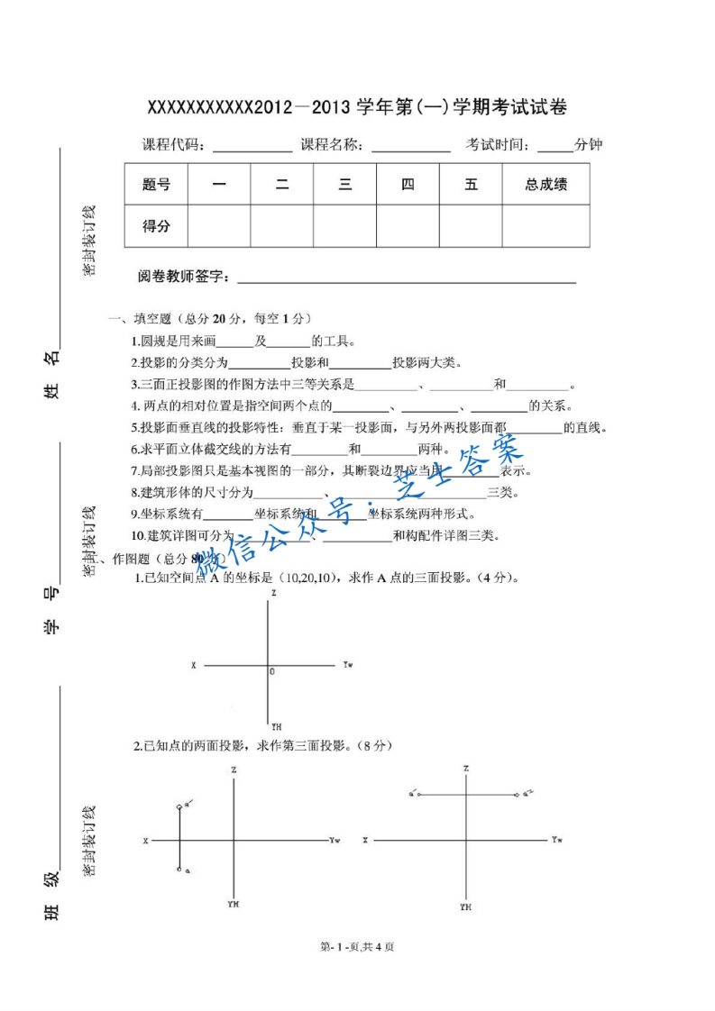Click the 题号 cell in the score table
pyautogui.click(x=156, y=185)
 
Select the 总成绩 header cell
pyautogui.click(x=545, y=185)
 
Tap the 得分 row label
pyautogui.click(x=156, y=226)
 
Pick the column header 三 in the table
pyautogui.click(x=344, y=185)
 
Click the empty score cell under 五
pyautogui.click(x=471, y=226)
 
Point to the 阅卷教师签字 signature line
pyautogui.click(x=406, y=279)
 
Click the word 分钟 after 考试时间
pyautogui.click(x=589, y=144)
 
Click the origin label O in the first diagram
pyautogui.click(x=272, y=672)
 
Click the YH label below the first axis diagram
pyautogui.click(x=276, y=725)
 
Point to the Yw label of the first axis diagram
pyautogui.click(x=348, y=664)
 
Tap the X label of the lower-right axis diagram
pyautogui.click(x=365, y=840)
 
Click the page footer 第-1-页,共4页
pyautogui.click(x=357, y=946)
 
